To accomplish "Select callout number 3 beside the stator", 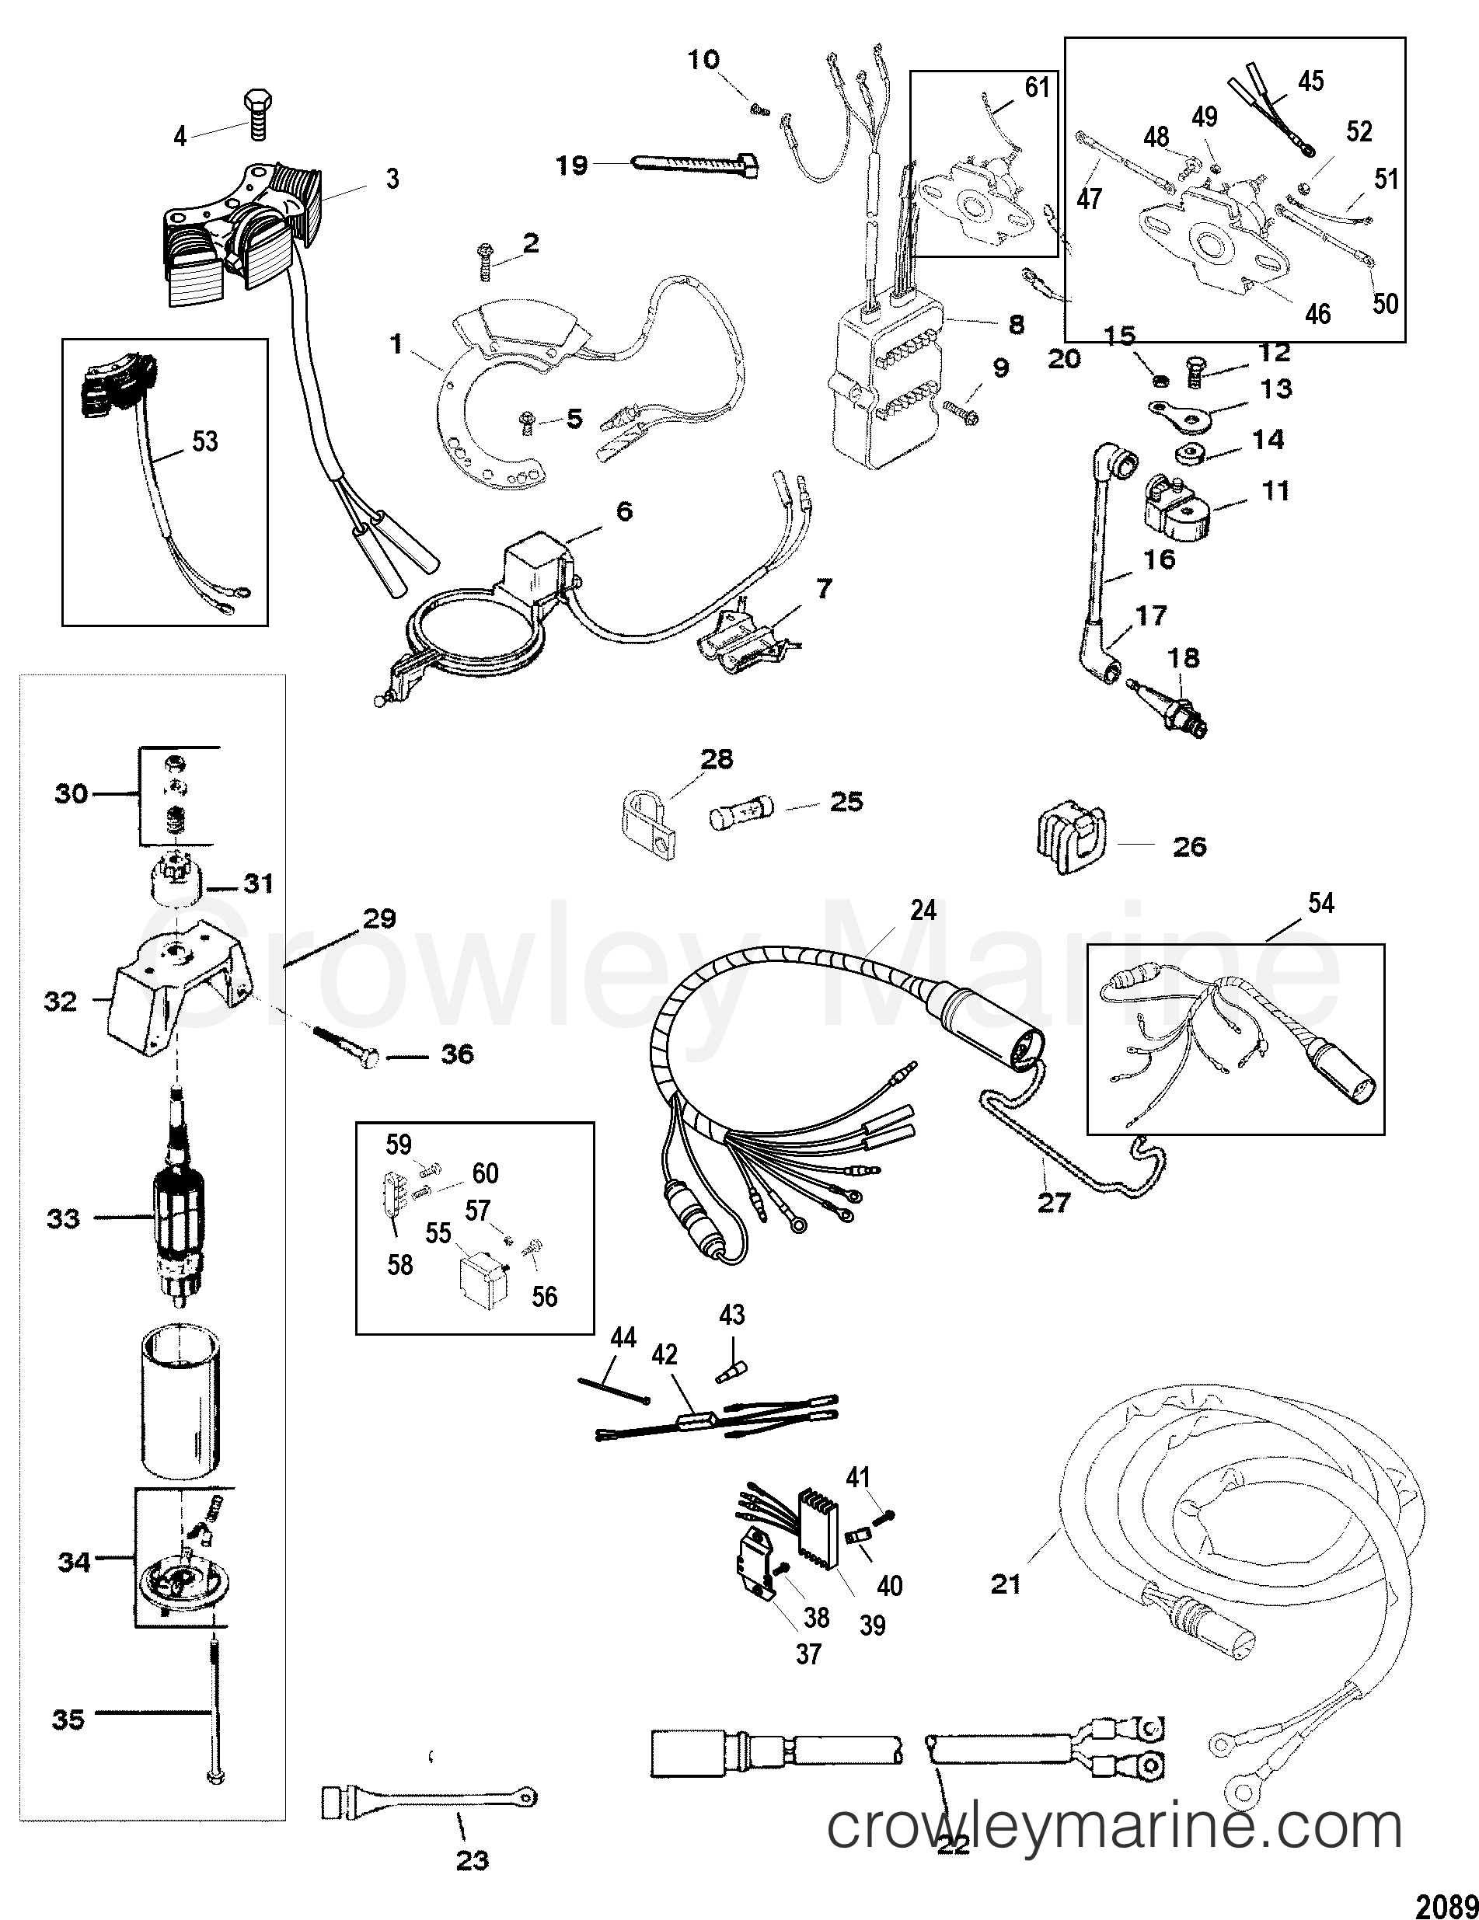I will click(392, 179).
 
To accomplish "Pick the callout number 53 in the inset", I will click(205, 441).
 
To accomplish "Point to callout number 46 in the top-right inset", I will click(1317, 314).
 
